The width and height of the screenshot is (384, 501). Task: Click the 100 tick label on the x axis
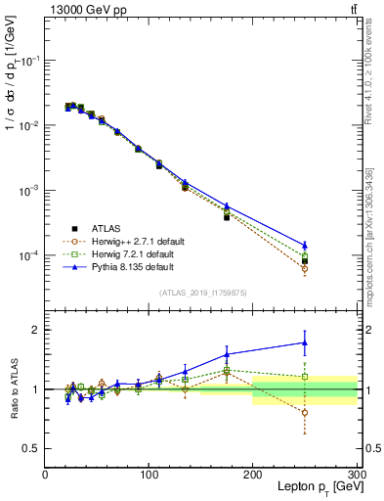pyautogui.click(x=149, y=474)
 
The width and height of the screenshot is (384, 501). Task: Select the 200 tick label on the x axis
pyautogui.click(x=253, y=474)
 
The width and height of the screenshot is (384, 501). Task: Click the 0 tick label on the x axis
pyautogui.click(x=45, y=474)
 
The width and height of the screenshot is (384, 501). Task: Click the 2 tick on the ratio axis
pyautogui.click(x=35, y=330)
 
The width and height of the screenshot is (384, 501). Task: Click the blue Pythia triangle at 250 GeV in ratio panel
pyautogui.click(x=305, y=342)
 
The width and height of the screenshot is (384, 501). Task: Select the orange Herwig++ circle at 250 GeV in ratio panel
pyautogui.click(x=305, y=413)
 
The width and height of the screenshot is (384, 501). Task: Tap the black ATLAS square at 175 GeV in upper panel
pyautogui.click(x=227, y=217)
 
